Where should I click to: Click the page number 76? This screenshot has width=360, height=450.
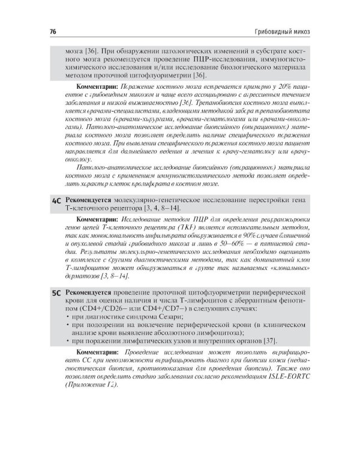[x=45, y=31]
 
